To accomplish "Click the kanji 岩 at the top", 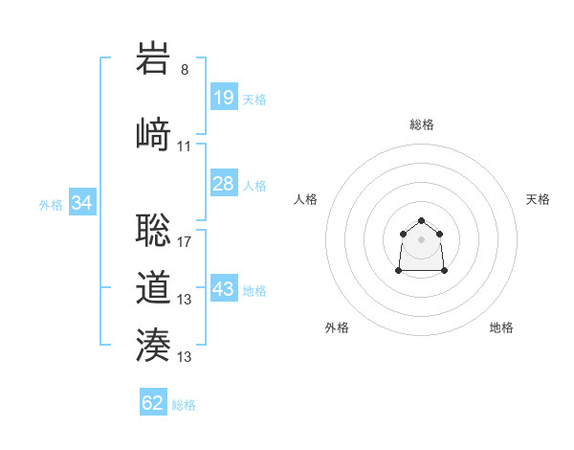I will click(154, 58).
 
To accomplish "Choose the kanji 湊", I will click(154, 345).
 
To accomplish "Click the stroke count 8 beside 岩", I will click(185, 70).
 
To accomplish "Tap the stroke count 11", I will click(185, 146).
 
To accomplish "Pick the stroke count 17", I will click(185, 242).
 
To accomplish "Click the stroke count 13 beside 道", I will click(185, 300).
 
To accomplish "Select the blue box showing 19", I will click(223, 98).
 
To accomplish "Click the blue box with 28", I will click(223, 184).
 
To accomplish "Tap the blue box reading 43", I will click(223, 289).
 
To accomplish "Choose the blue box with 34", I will click(81, 203).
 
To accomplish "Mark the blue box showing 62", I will click(153, 403).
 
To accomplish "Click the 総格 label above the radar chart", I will click(421, 124).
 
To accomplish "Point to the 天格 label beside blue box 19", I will click(254, 99).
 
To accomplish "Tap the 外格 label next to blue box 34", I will click(51, 204).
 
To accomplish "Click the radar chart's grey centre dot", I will click(421, 238).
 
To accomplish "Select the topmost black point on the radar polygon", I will click(421, 221).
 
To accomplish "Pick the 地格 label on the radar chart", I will click(501, 327).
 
